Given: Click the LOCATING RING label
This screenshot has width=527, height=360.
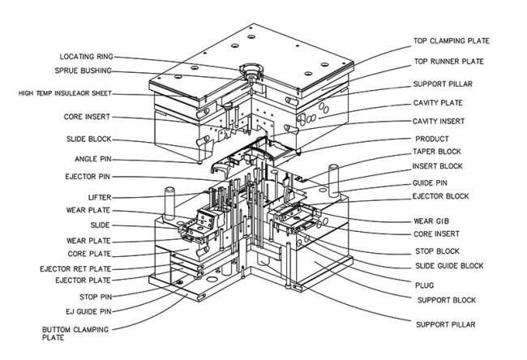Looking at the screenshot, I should (85, 57).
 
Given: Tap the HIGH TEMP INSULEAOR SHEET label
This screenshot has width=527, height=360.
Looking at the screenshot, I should (66, 92).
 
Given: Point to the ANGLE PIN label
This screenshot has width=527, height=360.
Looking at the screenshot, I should (90, 156).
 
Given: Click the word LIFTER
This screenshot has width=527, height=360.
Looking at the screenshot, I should (99, 197).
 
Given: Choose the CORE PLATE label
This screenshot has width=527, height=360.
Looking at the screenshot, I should (89, 254).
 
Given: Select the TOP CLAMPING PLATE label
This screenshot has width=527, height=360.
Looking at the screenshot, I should (452, 41).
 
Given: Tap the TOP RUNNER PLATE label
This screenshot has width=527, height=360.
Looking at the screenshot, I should (448, 62).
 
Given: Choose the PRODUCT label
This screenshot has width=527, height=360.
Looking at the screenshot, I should (432, 139).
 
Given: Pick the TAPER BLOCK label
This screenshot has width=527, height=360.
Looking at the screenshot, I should (439, 152).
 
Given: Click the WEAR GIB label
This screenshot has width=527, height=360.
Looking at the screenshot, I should (431, 220).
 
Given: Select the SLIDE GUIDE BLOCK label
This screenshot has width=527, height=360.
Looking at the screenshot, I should (448, 266).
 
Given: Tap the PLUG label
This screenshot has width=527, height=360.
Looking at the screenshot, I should (425, 285).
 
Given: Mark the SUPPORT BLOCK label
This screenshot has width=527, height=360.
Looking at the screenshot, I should (444, 300).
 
